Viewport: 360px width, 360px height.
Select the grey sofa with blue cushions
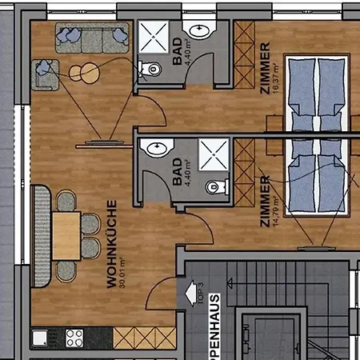[x=92, y=36]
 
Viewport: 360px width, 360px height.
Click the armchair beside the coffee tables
[x=46, y=73]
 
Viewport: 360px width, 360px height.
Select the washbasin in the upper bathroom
[x=199, y=30]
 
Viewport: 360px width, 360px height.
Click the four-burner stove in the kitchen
[x=74, y=338]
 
